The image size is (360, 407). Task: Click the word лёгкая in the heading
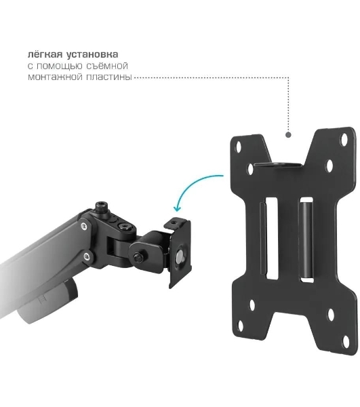click(x=45, y=54)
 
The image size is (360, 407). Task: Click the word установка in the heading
click(x=92, y=54)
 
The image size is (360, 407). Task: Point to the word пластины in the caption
click(x=109, y=77)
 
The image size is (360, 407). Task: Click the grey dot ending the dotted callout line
click(x=288, y=135)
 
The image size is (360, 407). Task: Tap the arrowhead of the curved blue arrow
click(x=178, y=208)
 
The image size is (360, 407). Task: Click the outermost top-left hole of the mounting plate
click(x=238, y=147)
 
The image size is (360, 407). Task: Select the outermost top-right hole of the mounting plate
click(x=344, y=139)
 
